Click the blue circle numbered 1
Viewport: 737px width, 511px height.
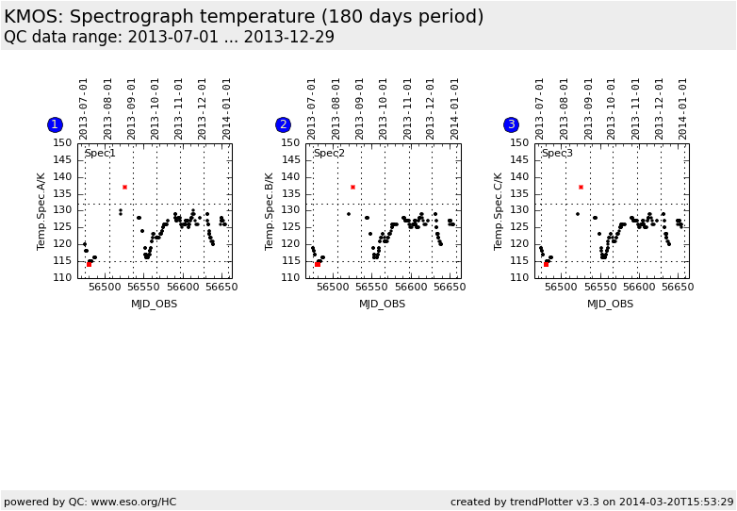point(55,124)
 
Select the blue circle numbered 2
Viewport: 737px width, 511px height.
point(283,124)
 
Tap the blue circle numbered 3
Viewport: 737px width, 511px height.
point(511,124)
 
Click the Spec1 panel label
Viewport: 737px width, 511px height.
point(100,153)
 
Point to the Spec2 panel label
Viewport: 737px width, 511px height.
point(329,153)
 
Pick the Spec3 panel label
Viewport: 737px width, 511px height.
point(557,153)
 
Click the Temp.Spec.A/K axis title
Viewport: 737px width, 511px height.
point(41,210)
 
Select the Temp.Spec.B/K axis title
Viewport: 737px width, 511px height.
point(270,210)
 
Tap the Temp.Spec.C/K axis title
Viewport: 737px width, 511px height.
point(498,210)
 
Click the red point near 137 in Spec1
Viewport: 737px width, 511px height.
point(124,187)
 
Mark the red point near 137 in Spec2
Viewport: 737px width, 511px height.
point(352,187)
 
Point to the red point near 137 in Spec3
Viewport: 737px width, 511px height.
point(581,187)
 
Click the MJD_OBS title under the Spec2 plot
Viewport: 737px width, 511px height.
point(383,304)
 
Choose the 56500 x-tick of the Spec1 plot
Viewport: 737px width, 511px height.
point(104,287)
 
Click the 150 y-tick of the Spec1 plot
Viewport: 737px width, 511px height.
point(63,143)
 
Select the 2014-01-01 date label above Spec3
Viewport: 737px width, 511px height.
point(683,107)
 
